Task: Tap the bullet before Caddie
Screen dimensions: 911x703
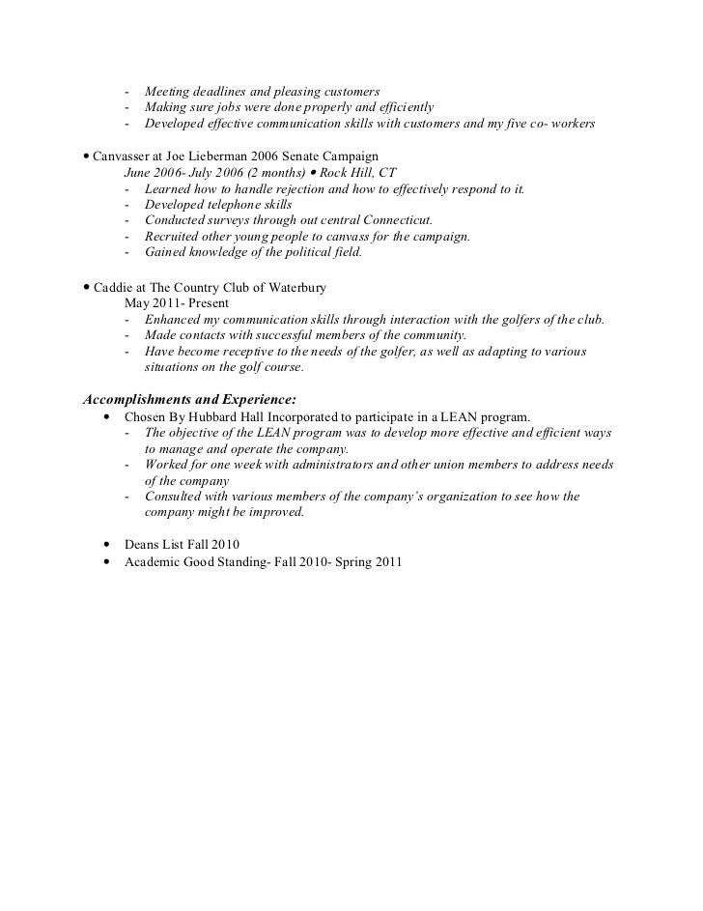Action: click(x=87, y=287)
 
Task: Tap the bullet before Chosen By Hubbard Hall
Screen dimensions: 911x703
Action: click(x=105, y=416)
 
